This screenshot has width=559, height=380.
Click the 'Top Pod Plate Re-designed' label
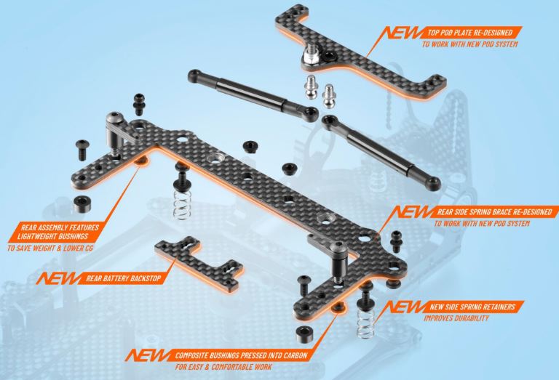pos(470,33)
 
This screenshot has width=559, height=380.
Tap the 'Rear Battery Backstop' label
pos(124,278)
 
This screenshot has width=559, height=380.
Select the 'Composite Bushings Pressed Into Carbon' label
pos(241,355)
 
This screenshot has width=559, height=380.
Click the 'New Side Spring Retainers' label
pos(472,307)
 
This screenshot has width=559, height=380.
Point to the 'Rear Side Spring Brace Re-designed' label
pos(494,212)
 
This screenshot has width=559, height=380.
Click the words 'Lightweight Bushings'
pos(52,236)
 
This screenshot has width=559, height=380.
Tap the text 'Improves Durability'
pos(456,318)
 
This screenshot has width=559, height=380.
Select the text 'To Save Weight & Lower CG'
pos(50,248)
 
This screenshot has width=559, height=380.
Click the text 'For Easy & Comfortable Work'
pos(223,367)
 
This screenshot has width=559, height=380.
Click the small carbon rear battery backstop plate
pos(199,263)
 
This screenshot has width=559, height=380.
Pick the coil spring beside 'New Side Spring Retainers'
pos(365,323)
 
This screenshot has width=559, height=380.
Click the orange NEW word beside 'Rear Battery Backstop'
pos(58,278)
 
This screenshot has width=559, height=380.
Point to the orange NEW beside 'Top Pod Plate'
pos(402,33)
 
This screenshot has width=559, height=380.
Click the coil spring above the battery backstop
pos(182,204)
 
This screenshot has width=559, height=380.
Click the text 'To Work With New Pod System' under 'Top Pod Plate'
pos(470,44)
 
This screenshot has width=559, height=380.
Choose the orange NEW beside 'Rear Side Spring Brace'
pos(413,212)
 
